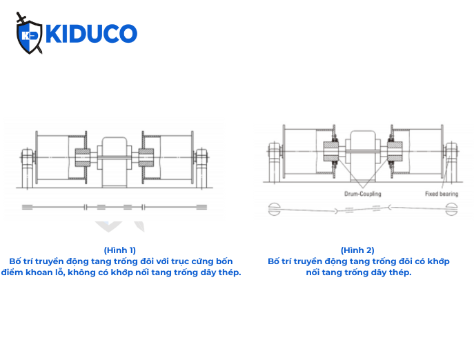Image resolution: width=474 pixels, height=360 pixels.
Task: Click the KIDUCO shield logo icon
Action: (x=29, y=33)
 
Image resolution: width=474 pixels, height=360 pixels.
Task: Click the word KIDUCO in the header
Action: (x=91, y=34)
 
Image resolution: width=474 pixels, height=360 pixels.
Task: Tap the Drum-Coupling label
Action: (x=363, y=194)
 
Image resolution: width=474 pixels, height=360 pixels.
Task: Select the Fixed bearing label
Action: (x=441, y=194)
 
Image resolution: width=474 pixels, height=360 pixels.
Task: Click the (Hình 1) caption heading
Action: (x=119, y=250)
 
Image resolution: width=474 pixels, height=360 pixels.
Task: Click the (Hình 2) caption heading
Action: (x=357, y=250)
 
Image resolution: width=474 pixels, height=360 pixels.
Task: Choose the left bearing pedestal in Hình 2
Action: (x=273, y=152)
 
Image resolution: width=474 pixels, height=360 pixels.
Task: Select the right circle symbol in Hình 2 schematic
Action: (x=452, y=207)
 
